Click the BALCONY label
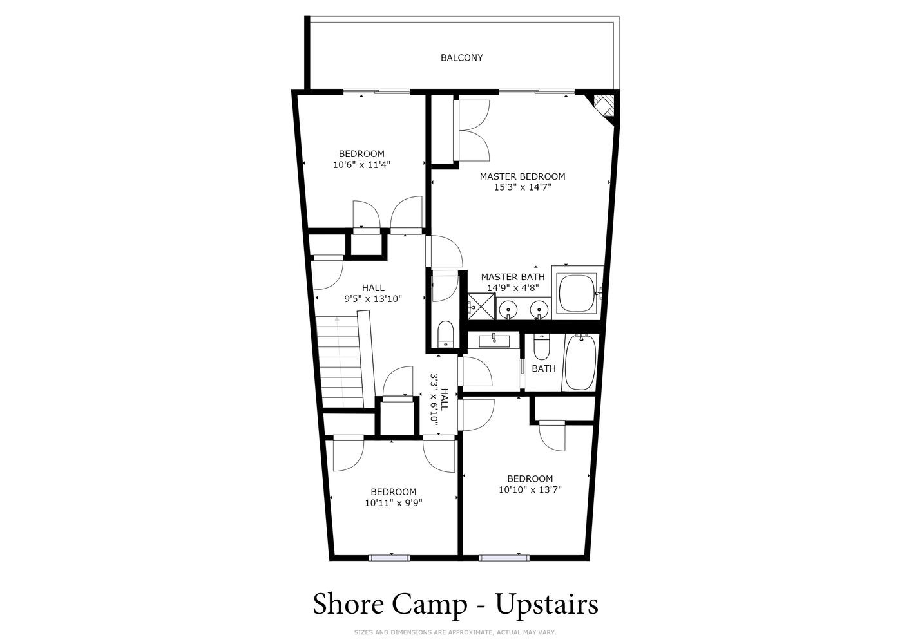tap(461, 58)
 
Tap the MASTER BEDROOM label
tap(523, 176)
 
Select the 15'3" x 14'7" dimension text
tap(523, 187)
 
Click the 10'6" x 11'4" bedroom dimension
tap(361, 165)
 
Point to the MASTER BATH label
tap(512, 277)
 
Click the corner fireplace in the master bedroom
tap(604, 107)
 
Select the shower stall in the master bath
tap(481, 306)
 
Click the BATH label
tap(544, 368)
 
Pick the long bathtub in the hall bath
tap(580, 361)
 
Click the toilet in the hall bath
tap(541, 347)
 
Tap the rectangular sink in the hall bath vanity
tap(494, 341)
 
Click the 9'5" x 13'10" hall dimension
tap(373, 299)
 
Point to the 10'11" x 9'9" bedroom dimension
tap(393, 503)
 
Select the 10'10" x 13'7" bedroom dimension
tap(530, 489)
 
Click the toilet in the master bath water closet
tap(446, 335)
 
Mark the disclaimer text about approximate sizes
tap(455, 632)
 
